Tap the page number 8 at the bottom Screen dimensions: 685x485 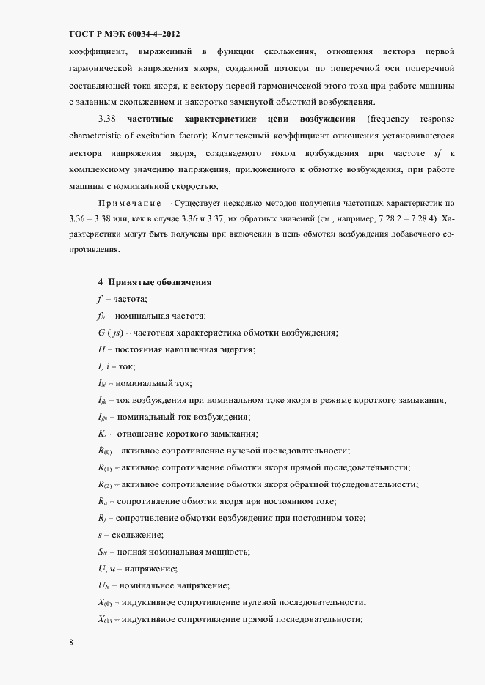tap(70, 642)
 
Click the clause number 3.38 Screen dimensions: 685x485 tap(106, 119)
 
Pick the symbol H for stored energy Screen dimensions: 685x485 tap(101, 349)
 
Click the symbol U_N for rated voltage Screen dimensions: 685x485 tap(103, 585)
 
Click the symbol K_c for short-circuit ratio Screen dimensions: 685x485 tap(102, 434)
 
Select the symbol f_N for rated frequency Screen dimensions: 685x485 tap(101, 316)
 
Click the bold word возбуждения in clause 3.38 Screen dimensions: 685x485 tap(327, 119)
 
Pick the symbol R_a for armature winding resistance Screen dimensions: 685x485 tap(103, 501)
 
